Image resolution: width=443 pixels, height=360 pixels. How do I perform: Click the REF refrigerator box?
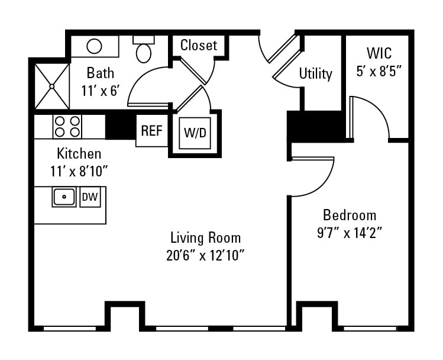coord(151,131)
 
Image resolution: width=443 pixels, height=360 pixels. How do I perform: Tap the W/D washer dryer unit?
coord(195,133)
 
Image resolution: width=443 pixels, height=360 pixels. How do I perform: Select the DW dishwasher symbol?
coord(90,197)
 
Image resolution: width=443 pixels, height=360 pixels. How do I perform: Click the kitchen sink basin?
coord(64,197)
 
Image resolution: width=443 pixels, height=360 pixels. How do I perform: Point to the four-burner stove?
coord(67,126)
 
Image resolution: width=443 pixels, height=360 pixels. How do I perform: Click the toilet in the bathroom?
coord(144,50)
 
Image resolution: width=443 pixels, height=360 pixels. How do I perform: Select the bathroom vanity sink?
coord(95,46)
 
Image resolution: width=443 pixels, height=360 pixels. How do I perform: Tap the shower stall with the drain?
coord(52,86)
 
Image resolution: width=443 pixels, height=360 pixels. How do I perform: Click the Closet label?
coord(198,45)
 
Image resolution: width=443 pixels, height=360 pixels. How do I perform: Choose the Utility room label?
coord(315,74)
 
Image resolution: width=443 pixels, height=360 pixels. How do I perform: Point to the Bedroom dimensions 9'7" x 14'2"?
coord(349,232)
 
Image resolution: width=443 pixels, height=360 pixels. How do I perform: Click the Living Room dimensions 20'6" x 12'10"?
coord(205,256)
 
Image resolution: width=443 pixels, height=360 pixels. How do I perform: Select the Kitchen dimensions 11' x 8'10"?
coord(79,171)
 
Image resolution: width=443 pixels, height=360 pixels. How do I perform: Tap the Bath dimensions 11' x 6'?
coord(101,91)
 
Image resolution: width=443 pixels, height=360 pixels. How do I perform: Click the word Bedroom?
coord(349,214)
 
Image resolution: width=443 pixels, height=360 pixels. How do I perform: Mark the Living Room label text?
coord(205,238)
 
